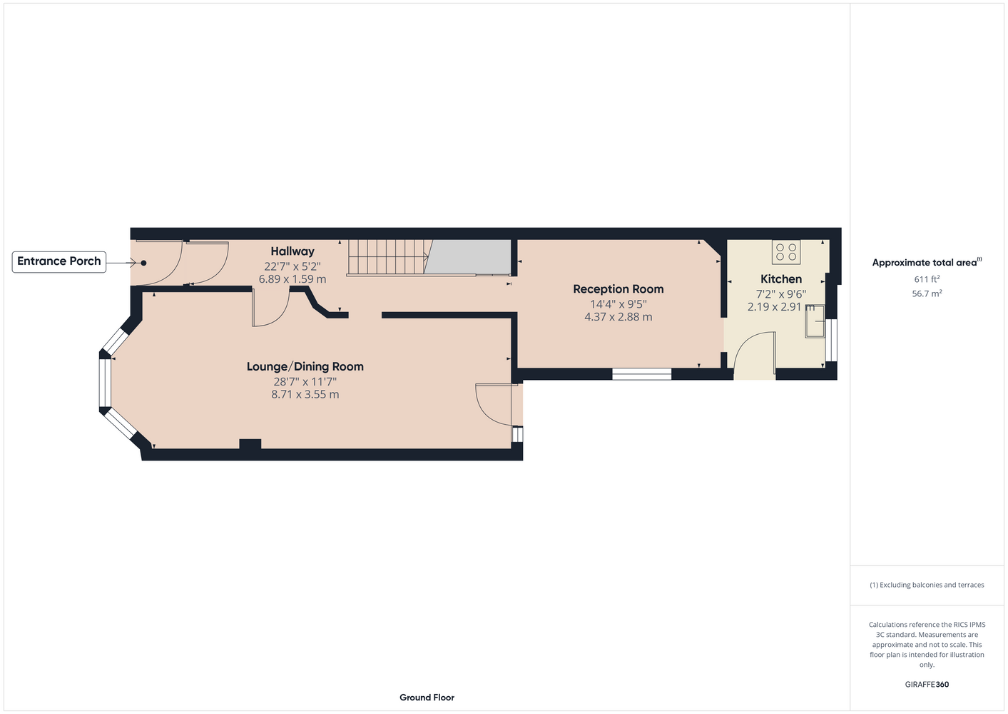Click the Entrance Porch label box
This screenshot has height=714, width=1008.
coord(59,262)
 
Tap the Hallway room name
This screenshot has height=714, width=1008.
coord(292,251)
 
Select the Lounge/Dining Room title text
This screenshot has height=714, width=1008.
coord(305,367)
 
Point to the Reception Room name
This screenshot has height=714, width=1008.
coord(618,289)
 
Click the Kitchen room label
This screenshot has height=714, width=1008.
coord(781,279)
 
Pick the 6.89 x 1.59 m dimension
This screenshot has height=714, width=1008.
coord(292,279)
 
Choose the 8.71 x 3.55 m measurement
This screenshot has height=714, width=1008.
coord(305,395)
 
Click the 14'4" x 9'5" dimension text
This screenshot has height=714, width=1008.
coord(618,303)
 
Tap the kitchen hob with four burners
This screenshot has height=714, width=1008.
coord(786,252)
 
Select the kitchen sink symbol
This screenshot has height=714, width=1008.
coord(815,321)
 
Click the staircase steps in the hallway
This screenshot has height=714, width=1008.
coord(387,257)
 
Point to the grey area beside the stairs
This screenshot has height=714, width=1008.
coord(468,256)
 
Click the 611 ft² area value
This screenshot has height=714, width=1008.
coord(927,279)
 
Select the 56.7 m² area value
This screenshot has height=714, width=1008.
coord(927,293)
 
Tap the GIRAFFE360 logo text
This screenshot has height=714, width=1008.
coord(927,684)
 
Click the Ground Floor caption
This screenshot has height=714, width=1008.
coord(427,698)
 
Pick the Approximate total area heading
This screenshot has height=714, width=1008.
coord(927,262)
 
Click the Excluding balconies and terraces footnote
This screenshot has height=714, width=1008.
coord(927,585)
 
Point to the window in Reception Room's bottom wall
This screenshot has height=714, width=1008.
coord(642,374)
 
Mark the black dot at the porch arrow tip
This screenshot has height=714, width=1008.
coord(143,263)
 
